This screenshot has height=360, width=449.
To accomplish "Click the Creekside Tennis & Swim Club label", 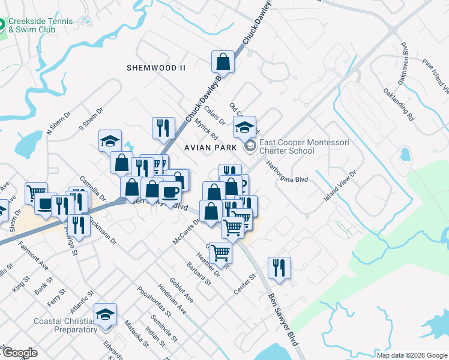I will point(41,25).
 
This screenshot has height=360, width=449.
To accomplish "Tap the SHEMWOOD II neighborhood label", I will point(155,68).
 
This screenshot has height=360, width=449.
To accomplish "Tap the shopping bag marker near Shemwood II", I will point(222,61).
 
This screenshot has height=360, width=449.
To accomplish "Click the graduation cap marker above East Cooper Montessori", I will point(244,127).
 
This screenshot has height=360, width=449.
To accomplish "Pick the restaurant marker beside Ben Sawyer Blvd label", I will point(279,268).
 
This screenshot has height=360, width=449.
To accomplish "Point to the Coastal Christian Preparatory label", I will point(67,325).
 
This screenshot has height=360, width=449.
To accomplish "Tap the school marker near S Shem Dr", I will point(110,140).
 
